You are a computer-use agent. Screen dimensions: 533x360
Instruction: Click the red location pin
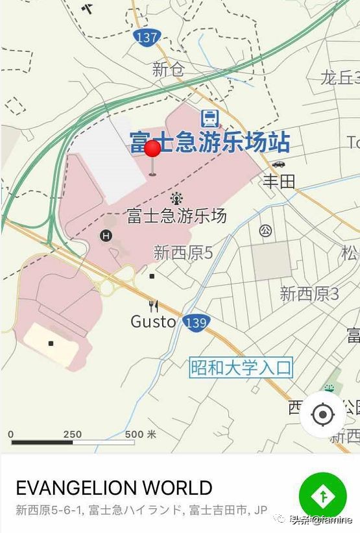click(152, 151)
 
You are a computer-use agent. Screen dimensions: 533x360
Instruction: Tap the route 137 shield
click(148, 37)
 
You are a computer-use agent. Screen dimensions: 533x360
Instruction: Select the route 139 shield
click(195, 322)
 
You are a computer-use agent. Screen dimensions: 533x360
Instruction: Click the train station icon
click(209, 118)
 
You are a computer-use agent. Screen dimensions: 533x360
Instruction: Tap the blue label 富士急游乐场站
click(210, 142)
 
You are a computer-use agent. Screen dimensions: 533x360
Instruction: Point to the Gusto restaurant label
click(153, 321)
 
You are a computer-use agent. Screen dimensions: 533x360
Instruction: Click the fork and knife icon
click(153, 306)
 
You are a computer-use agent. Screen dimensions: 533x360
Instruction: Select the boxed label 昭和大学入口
click(241, 368)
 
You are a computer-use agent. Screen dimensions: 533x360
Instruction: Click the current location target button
click(323, 414)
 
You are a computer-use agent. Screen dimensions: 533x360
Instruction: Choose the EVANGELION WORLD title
click(114, 488)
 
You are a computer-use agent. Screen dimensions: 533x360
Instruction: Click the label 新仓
click(168, 70)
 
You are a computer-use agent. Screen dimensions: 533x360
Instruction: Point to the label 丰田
click(278, 180)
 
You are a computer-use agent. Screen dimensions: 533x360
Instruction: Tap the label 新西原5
click(183, 253)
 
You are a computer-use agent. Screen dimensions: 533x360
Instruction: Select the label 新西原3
click(309, 294)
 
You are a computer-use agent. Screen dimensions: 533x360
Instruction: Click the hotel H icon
click(106, 236)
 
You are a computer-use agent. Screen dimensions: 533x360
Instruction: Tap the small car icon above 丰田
click(279, 164)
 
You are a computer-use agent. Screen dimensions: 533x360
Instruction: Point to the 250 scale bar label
click(72, 434)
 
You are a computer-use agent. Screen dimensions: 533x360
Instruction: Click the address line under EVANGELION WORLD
click(141, 510)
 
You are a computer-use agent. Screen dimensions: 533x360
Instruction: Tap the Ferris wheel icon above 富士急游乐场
click(176, 198)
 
